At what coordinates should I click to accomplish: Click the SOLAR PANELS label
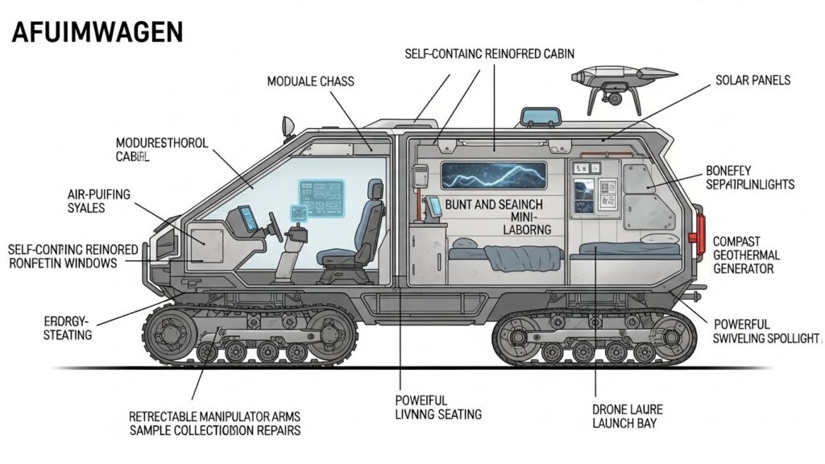point(752,81)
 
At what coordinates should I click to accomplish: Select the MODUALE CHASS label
point(310,81)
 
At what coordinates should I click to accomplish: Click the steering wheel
point(275,223)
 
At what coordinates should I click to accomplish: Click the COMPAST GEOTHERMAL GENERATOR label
point(753,255)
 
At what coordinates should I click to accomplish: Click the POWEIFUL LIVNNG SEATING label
point(438,407)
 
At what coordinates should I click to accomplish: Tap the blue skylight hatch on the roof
point(538,118)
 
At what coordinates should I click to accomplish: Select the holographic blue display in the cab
point(321,196)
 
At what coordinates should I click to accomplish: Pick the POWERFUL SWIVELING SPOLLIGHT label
point(765,331)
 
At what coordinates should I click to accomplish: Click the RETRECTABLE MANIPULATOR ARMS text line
point(214,416)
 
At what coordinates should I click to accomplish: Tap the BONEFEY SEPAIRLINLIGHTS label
point(749,177)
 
